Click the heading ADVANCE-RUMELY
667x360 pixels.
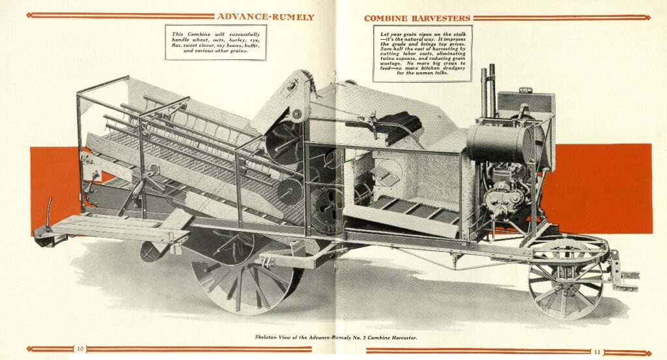pos(265,17)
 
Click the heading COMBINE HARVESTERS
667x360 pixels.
pos(417,18)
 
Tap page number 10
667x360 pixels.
pos(80,349)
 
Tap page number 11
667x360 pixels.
pos(597,352)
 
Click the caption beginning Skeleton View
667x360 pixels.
pos(337,337)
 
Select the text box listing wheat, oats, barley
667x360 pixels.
pos(216,42)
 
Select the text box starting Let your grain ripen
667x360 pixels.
pos(422,53)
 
